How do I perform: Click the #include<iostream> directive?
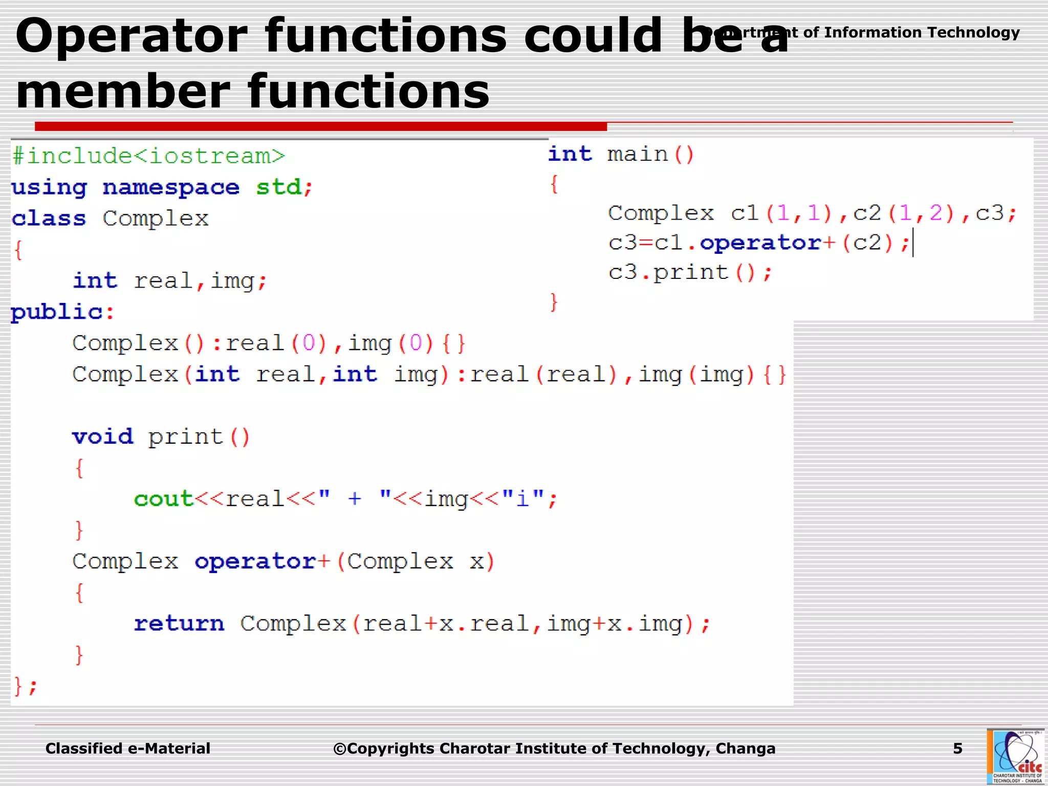pyautogui.click(x=148, y=156)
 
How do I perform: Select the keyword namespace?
pyautogui.click(x=171, y=188)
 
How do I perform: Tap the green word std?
pyautogui.click(x=279, y=187)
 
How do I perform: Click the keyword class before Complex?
pyautogui.click(x=49, y=219)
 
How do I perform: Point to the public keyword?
pyautogui.click(x=57, y=312)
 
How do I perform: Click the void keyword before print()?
pyautogui.click(x=102, y=437)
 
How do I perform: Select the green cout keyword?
pyautogui.click(x=163, y=499)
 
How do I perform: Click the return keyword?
pyautogui.click(x=179, y=624)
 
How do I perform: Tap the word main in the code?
pyautogui.click(x=638, y=154)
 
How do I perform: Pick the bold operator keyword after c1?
pyautogui.click(x=760, y=243)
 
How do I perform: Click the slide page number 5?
pyautogui.click(x=957, y=749)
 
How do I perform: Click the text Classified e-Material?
pyautogui.click(x=128, y=749)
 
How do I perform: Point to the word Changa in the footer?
pyautogui.click(x=745, y=749)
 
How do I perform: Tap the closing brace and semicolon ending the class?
pyautogui.click(x=25, y=686)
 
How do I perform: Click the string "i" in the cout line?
pyautogui.click(x=523, y=498)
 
